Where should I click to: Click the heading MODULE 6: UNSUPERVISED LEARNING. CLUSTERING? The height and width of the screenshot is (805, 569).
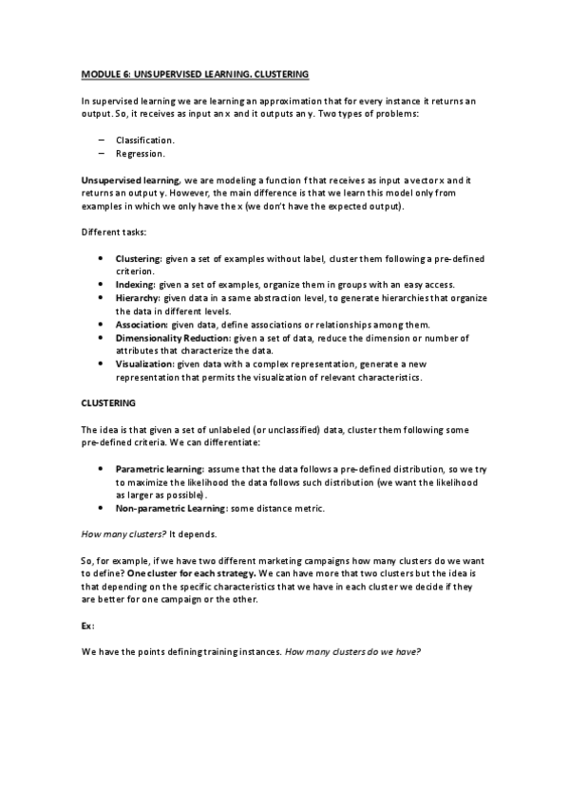(x=195, y=73)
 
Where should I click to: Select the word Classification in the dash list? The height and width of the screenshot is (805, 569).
(x=144, y=140)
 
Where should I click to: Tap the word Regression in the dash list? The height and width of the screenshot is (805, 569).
(x=141, y=153)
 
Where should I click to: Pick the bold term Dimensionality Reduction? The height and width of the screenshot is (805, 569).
(x=173, y=337)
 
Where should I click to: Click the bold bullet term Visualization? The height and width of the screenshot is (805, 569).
(x=144, y=364)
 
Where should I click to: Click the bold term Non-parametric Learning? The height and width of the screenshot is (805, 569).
(x=172, y=508)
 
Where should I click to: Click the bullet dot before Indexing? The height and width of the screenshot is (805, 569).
(x=102, y=285)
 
